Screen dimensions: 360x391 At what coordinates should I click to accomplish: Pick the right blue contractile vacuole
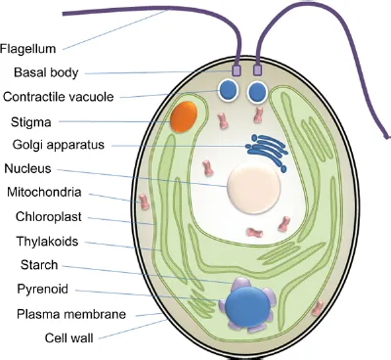(x=258, y=93)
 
